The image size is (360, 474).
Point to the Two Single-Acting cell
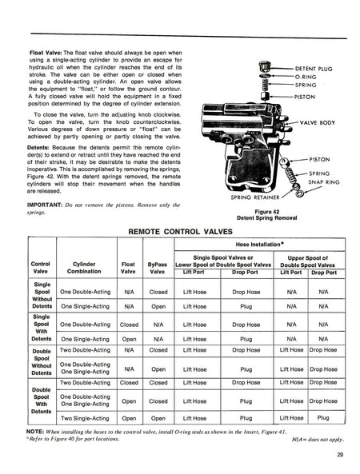click(x=83, y=416)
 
